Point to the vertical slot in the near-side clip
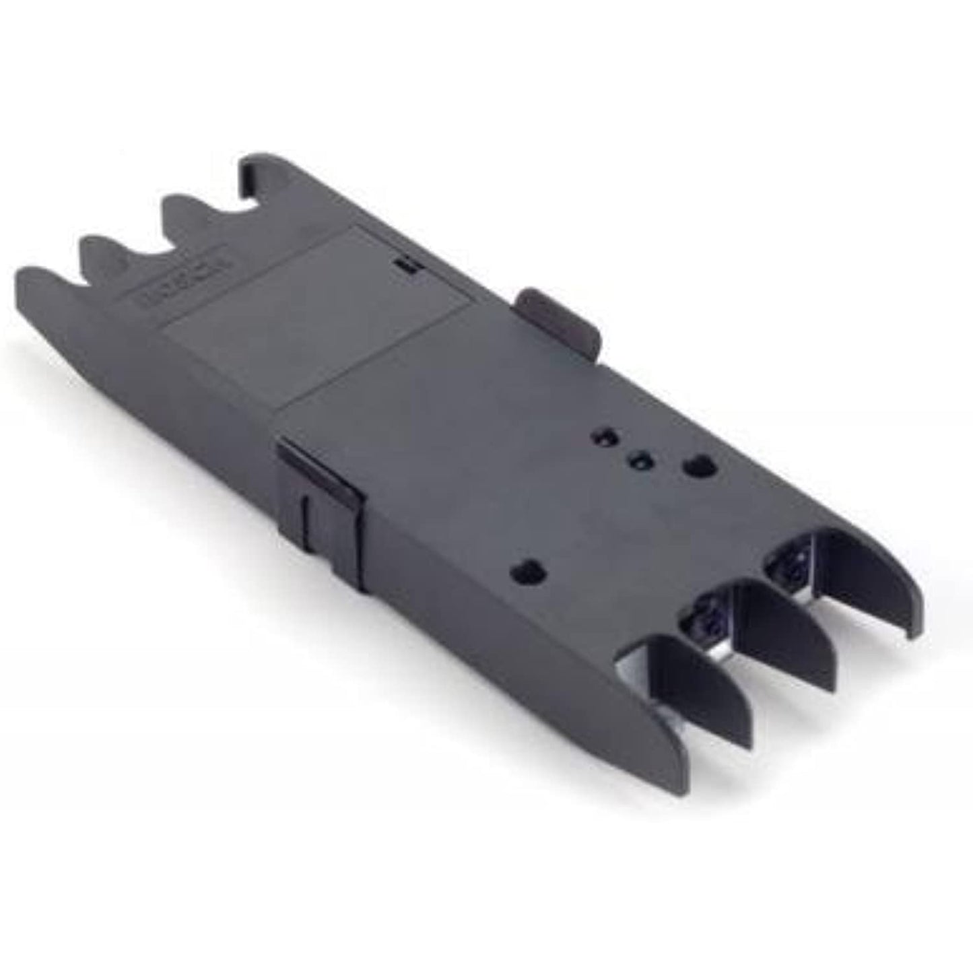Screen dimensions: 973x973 click(x=307, y=518)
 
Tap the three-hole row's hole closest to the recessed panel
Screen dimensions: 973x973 click(x=602, y=438)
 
